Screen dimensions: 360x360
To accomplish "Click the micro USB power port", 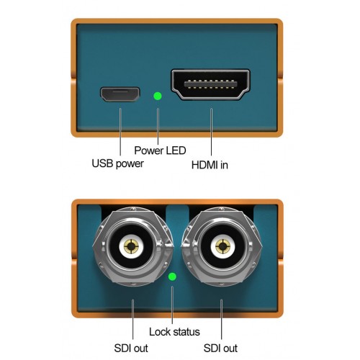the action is pyautogui.click(x=120, y=94).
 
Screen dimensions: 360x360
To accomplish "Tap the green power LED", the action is pyautogui.click(x=158, y=96).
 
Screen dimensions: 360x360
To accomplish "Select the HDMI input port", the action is pyautogui.click(x=210, y=84).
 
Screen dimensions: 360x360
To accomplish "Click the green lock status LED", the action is pyautogui.click(x=172, y=276).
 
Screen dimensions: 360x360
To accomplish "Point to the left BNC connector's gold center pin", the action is pyautogui.click(x=131, y=246).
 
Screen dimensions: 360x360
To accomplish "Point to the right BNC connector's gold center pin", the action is pyautogui.click(x=222, y=246).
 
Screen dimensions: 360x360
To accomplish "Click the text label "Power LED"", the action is pyautogui.click(x=160, y=150).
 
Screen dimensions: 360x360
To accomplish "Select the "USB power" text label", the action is pyautogui.click(x=117, y=163).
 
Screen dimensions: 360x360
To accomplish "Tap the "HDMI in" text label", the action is pyautogui.click(x=210, y=165).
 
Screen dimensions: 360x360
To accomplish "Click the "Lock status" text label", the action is pyautogui.click(x=174, y=332).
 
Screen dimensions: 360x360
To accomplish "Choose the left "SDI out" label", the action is pyautogui.click(x=131, y=348).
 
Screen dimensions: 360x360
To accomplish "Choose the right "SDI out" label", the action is pyautogui.click(x=220, y=348).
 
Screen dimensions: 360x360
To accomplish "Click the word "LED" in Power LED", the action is pyautogui.click(x=176, y=150).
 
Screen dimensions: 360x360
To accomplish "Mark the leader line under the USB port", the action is pyautogui.click(x=120, y=132).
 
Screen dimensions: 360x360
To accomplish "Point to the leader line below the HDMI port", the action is pyautogui.click(x=211, y=132).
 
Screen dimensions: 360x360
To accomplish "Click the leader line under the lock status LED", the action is pyautogui.click(x=172, y=305).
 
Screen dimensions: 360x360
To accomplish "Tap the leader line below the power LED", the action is pyautogui.click(x=158, y=126).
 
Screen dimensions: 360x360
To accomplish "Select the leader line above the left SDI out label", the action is pyautogui.click(x=132, y=320).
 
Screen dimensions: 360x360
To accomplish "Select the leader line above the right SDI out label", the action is pyautogui.click(x=221, y=320).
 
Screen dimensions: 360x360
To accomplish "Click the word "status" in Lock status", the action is pyautogui.click(x=186, y=332).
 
